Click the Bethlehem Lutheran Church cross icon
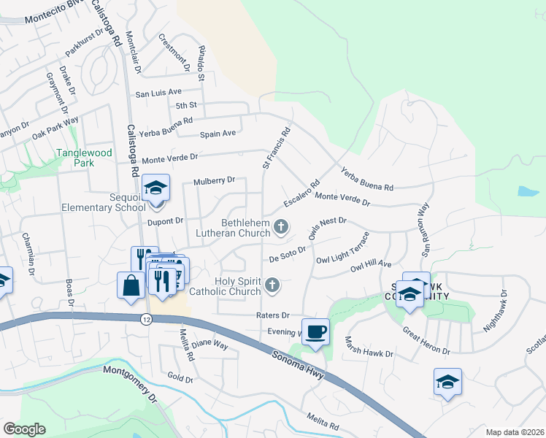[x=280, y=228]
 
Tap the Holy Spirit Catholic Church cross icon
[x=272, y=285]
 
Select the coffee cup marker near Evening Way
[x=315, y=331]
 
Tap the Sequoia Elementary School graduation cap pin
[x=155, y=188]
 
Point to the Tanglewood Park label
[x=85, y=158]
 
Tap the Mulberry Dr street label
[x=215, y=180]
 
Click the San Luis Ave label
[x=158, y=93]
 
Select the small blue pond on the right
[x=528, y=191]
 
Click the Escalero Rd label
[x=301, y=193]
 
